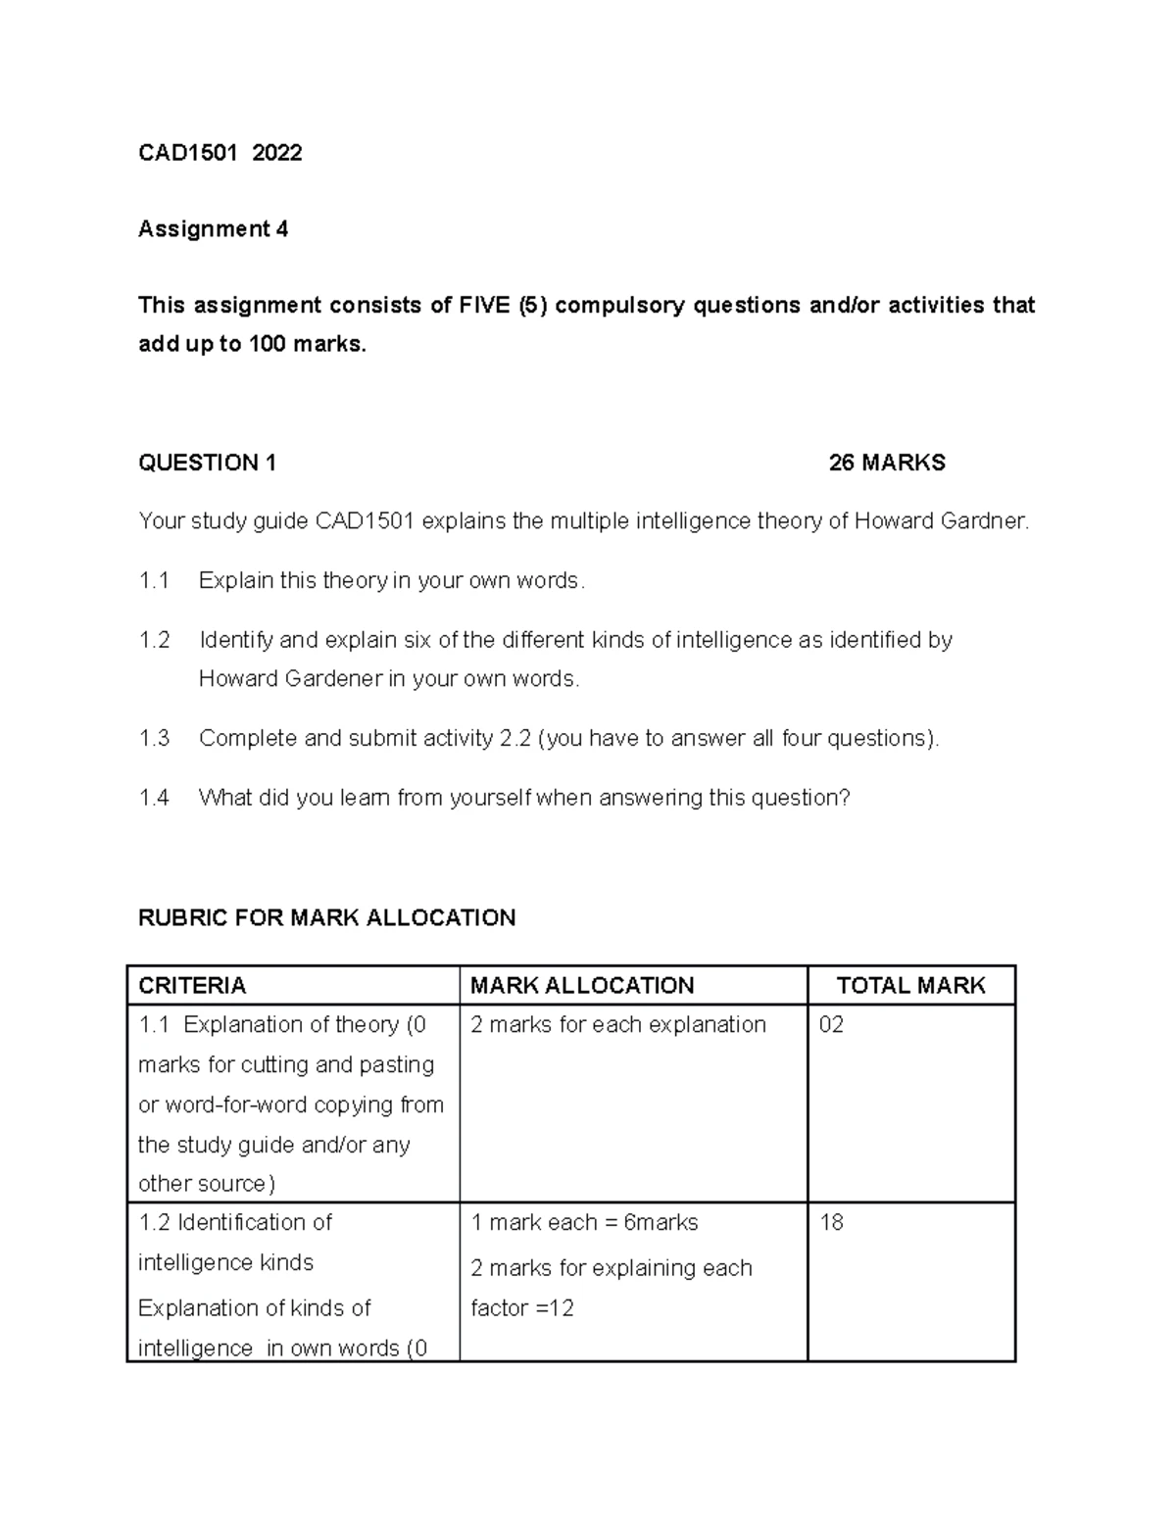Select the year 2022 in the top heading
(x=276, y=153)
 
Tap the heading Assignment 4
(x=213, y=229)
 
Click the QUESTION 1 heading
(x=207, y=464)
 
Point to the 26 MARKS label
(x=887, y=464)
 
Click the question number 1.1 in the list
(x=154, y=581)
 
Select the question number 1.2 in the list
(x=154, y=641)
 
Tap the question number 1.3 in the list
(x=154, y=739)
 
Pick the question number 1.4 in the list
(x=154, y=798)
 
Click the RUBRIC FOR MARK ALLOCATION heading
(x=326, y=918)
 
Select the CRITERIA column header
(x=192, y=986)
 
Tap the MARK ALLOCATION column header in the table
(x=582, y=986)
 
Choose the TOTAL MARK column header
(x=910, y=986)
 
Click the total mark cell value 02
(x=831, y=1025)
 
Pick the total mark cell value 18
(x=831, y=1223)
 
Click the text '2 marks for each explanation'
(x=618, y=1025)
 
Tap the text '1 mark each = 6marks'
(x=584, y=1223)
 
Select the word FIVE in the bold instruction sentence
(x=483, y=306)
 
